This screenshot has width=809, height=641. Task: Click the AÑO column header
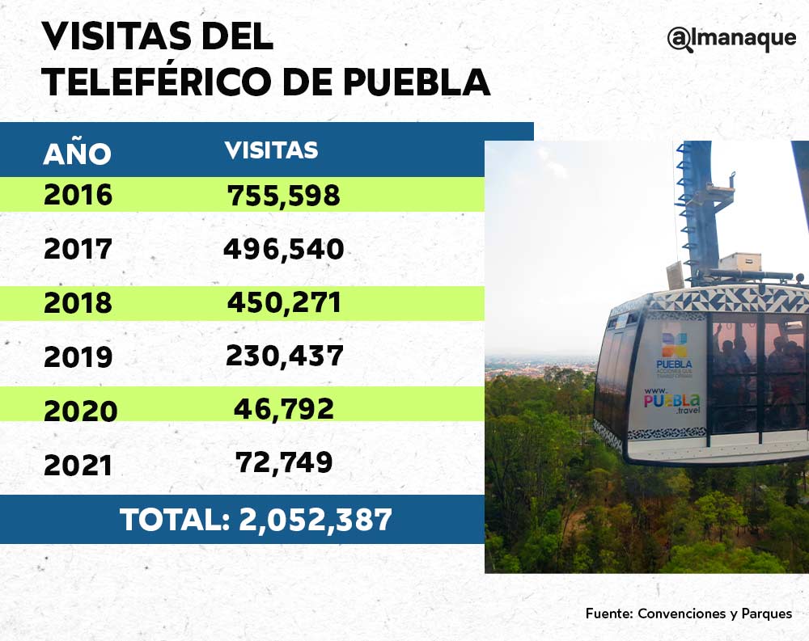pyautogui.click(x=77, y=154)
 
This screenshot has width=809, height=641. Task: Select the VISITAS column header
pyautogui.click(x=271, y=150)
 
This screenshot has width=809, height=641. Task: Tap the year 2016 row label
pyautogui.click(x=78, y=196)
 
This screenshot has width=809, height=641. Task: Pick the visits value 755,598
pyautogui.click(x=283, y=196)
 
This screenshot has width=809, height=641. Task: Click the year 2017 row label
pyautogui.click(x=78, y=249)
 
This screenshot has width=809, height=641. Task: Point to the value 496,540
pyautogui.click(x=283, y=249)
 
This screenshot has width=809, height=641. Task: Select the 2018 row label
pyautogui.click(x=78, y=303)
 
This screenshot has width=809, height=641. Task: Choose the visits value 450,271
pyautogui.click(x=283, y=302)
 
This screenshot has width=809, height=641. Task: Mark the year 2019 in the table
pyautogui.click(x=78, y=357)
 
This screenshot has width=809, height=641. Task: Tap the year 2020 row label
pyautogui.click(x=80, y=411)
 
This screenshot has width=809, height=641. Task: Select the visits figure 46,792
pyautogui.click(x=284, y=409)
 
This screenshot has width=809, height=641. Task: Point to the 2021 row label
pyautogui.click(x=78, y=465)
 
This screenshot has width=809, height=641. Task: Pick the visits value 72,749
pyautogui.click(x=284, y=462)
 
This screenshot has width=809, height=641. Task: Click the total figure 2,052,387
pyautogui.click(x=316, y=519)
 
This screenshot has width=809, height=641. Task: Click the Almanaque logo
pyautogui.click(x=731, y=40)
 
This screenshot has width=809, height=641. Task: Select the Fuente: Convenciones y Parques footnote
pyautogui.click(x=688, y=614)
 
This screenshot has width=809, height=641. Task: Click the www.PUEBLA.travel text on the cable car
pyautogui.click(x=672, y=400)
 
